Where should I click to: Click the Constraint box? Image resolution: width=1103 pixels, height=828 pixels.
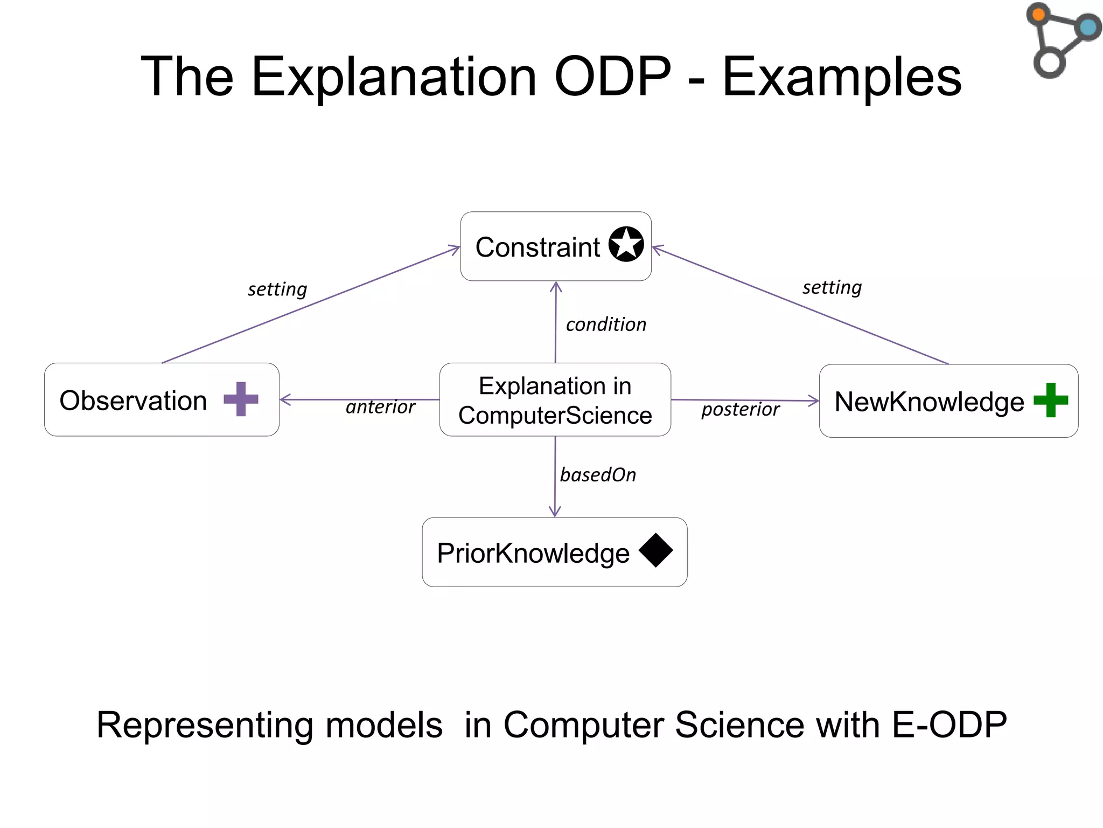click(x=539, y=247)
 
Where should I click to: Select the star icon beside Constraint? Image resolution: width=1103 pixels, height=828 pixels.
click(x=626, y=244)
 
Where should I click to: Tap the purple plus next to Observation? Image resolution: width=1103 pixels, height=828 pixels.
click(x=241, y=399)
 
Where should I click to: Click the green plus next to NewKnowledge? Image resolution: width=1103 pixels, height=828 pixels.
click(x=1051, y=400)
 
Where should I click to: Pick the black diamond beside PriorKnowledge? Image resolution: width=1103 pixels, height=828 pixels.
click(x=655, y=550)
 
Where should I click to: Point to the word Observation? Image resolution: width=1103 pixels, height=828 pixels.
click(x=133, y=401)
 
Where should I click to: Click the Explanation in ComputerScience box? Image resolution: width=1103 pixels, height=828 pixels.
click(x=555, y=400)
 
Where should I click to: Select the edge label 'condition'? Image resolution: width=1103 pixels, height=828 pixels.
click(x=606, y=325)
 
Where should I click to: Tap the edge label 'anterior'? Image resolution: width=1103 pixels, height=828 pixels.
click(x=380, y=407)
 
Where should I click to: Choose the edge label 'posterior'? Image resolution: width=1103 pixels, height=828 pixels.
click(x=740, y=409)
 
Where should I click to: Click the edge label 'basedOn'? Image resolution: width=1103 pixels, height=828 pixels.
click(x=598, y=475)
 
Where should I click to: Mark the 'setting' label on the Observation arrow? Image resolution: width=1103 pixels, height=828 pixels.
click(x=277, y=289)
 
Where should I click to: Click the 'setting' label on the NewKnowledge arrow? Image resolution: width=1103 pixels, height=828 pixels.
click(x=832, y=287)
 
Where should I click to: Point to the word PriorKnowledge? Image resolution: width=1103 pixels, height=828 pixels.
click(x=533, y=554)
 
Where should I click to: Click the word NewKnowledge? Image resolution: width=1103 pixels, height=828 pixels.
click(x=929, y=402)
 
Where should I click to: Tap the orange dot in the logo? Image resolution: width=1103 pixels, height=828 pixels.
click(x=1038, y=14)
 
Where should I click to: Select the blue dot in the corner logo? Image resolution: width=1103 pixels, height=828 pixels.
click(x=1088, y=27)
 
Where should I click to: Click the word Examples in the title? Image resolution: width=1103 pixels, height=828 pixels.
click(x=841, y=77)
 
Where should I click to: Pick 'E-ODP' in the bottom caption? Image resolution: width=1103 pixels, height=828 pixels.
click(x=949, y=724)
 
